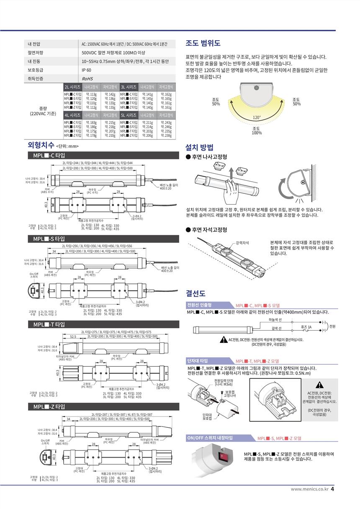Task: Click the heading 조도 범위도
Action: pyautogui.click(x=203, y=44)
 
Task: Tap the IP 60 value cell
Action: pyautogui.click(x=86, y=70)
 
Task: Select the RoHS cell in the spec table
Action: pyautogui.click(x=87, y=78)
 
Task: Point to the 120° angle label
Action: pyautogui.click(x=257, y=118)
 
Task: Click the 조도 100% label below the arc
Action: pyautogui.click(x=257, y=131)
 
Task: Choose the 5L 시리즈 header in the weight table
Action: pyautogui.click(x=128, y=115)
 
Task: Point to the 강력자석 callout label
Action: pyautogui.click(x=242, y=242)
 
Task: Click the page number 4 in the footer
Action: pyautogui.click(x=332, y=488)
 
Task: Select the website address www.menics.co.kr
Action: pyautogui.click(x=309, y=489)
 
